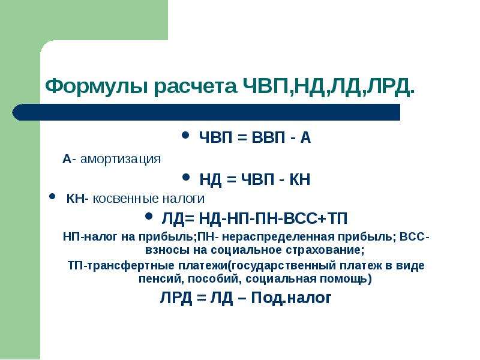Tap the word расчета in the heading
coord(196,87)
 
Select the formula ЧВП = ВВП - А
coord(255,137)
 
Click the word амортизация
coord(121,159)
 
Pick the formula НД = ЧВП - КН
coord(254,179)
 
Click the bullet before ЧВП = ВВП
coord(185,135)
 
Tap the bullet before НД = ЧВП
coord(185,177)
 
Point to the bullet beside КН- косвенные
coord(52,196)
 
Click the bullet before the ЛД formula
coord(149,217)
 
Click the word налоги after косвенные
coord(184,199)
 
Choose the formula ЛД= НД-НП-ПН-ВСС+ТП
coord(254,219)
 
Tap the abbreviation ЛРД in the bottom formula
coord(176,298)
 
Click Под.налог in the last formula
coord(291,298)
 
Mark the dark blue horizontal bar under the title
coord(206,112)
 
